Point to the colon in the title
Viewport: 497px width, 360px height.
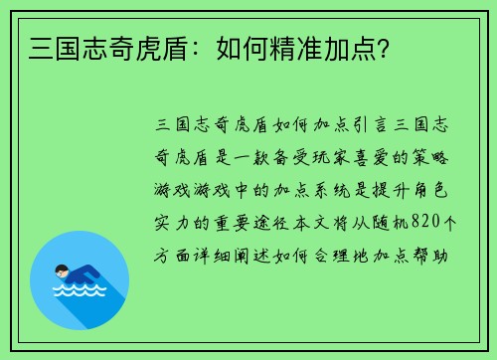pyautogui.click(x=165, y=46)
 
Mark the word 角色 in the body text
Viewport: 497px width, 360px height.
pyautogui.click(x=425, y=190)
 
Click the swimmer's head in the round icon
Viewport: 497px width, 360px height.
pyautogui.click(x=62, y=270)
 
